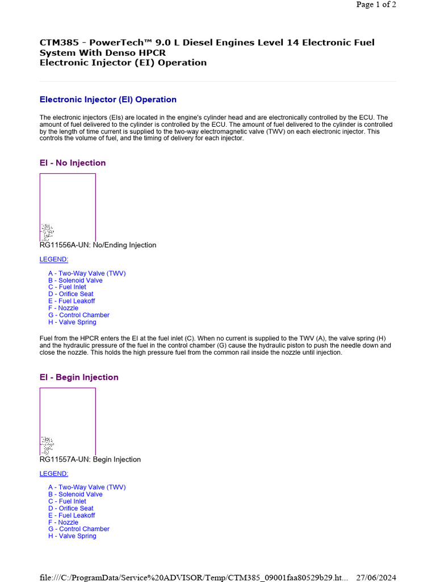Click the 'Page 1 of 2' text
pyautogui.click(x=376, y=5)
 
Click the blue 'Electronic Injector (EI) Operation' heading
pyautogui.click(x=108, y=99)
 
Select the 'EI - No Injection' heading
pyautogui.click(x=73, y=163)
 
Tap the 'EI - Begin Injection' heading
pyautogui.click(x=79, y=377)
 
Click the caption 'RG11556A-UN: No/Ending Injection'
pyautogui.click(x=98, y=245)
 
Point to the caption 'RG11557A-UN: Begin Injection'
pyautogui.click(x=90, y=459)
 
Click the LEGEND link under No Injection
pyautogui.click(x=54, y=259)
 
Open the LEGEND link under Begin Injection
pyautogui.click(x=54, y=473)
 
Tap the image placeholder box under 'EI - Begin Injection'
pyautogui.click(x=68, y=421)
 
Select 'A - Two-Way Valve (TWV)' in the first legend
pyautogui.click(x=87, y=273)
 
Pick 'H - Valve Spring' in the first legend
pyautogui.click(x=72, y=322)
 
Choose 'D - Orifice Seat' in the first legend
pyautogui.click(x=71, y=294)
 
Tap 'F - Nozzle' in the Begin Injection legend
pyautogui.click(x=64, y=522)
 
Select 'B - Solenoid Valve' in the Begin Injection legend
pyautogui.click(x=76, y=494)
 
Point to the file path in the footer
pyautogui.click(x=194, y=577)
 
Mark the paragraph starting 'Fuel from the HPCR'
pyautogui.click(x=215, y=345)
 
